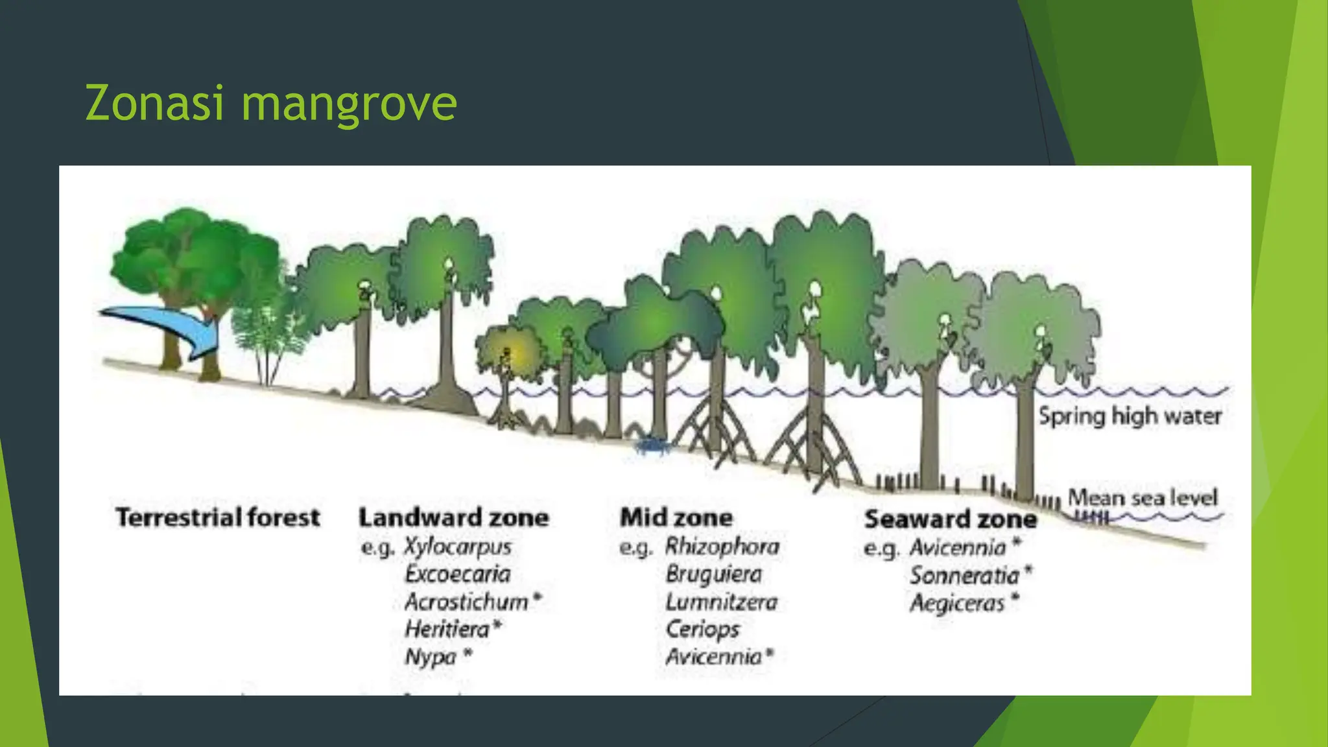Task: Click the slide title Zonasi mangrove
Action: (271, 104)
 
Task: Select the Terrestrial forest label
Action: (218, 517)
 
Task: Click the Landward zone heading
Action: (454, 517)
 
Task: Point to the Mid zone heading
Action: (676, 517)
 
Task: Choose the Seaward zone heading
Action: (950, 519)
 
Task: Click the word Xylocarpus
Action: (458, 547)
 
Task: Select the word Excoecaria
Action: (458, 574)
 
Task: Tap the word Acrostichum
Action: (466, 602)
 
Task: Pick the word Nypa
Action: (431, 657)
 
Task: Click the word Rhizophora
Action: (722, 547)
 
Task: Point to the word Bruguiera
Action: (713, 574)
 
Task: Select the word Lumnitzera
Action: (721, 602)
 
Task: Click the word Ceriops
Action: (702, 629)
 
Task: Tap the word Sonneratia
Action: (964, 575)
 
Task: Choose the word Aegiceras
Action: (957, 603)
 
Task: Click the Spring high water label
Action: (1130, 416)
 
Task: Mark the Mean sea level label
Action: (1143, 497)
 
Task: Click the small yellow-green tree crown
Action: (510, 351)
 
